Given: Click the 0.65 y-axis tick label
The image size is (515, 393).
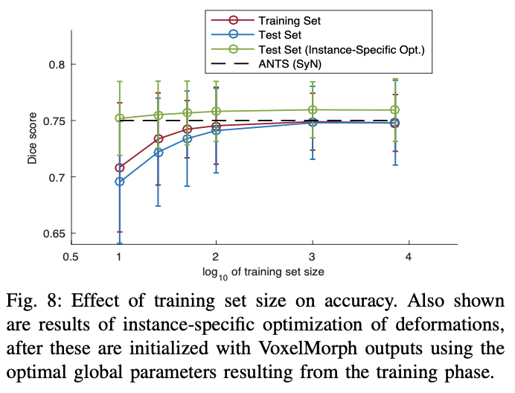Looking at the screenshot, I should pos(54,234).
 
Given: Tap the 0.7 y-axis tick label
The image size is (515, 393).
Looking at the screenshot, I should pos(57,177).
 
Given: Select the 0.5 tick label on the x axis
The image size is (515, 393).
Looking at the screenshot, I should pos(71,257).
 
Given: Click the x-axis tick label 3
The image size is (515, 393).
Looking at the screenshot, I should pos(313,257).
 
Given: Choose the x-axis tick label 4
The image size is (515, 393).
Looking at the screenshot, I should pos(409,257).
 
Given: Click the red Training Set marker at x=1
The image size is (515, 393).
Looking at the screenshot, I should pos(119,167).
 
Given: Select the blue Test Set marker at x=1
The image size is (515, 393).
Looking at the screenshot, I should pos(119,182).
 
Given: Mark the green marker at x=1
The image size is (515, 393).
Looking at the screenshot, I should pos(119,118).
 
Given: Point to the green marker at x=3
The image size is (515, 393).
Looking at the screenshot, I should pos(313,110).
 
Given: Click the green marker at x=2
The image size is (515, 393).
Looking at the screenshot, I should pos(216,112).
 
